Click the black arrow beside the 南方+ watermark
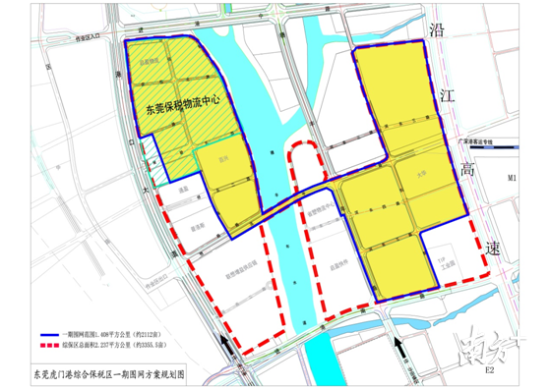[x=396, y=347]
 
